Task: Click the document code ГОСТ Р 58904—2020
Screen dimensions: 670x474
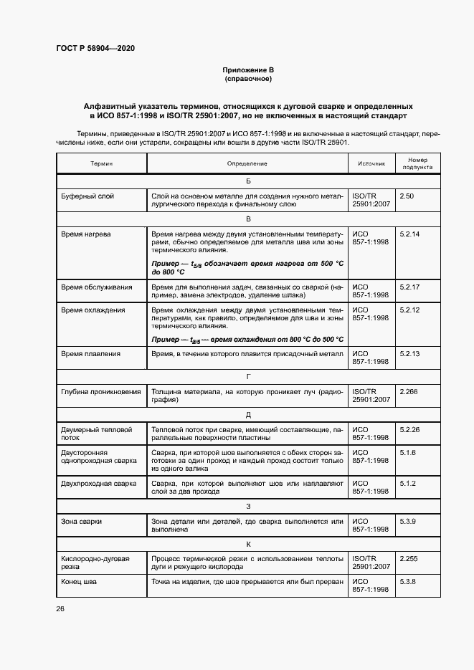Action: (x=95, y=48)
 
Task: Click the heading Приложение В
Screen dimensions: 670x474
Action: (x=248, y=70)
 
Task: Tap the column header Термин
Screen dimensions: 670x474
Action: (x=101, y=164)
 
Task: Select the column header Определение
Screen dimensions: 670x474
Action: (x=247, y=164)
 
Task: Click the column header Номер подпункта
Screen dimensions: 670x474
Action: (x=417, y=164)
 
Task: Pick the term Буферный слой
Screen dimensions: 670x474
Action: (x=87, y=196)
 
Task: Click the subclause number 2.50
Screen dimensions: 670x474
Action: (x=407, y=196)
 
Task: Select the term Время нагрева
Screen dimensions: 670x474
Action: (x=86, y=234)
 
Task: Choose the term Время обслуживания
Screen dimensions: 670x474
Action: (x=97, y=287)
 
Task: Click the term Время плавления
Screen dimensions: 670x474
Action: (x=91, y=354)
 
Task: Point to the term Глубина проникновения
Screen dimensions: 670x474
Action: (x=101, y=392)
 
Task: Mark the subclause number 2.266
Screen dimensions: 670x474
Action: (x=409, y=392)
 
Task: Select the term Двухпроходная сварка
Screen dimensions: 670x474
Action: (x=99, y=484)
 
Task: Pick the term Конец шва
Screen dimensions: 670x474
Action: (x=80, y=581)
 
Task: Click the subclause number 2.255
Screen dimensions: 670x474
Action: (x=409, y=558)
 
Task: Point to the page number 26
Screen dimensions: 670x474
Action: (x=60, y=609)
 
